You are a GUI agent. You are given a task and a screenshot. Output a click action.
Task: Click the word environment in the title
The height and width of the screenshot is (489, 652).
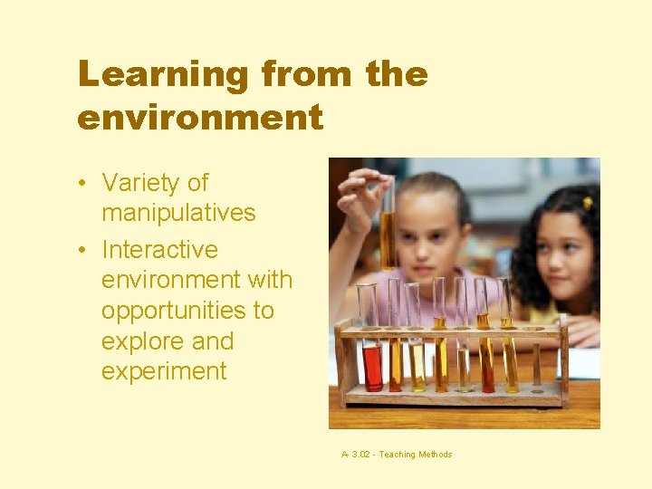pos(200,118)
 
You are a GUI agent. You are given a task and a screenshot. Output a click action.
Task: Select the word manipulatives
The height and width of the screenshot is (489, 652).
pos(178,214)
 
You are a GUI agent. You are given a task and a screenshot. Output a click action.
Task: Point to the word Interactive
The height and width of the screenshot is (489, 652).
pos(159,249)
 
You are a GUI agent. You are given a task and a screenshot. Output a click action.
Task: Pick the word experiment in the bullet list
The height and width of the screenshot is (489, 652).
pos(164,371)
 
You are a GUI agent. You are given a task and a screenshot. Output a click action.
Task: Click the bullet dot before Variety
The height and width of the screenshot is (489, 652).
pos(82,184)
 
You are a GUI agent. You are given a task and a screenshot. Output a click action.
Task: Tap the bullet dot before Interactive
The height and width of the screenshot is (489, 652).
pos(82,250)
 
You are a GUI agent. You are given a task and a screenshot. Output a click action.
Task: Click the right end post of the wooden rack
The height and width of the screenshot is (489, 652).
pos(564,358)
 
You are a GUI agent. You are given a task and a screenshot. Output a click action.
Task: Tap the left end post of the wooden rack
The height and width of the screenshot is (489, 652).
pos(341,362)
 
